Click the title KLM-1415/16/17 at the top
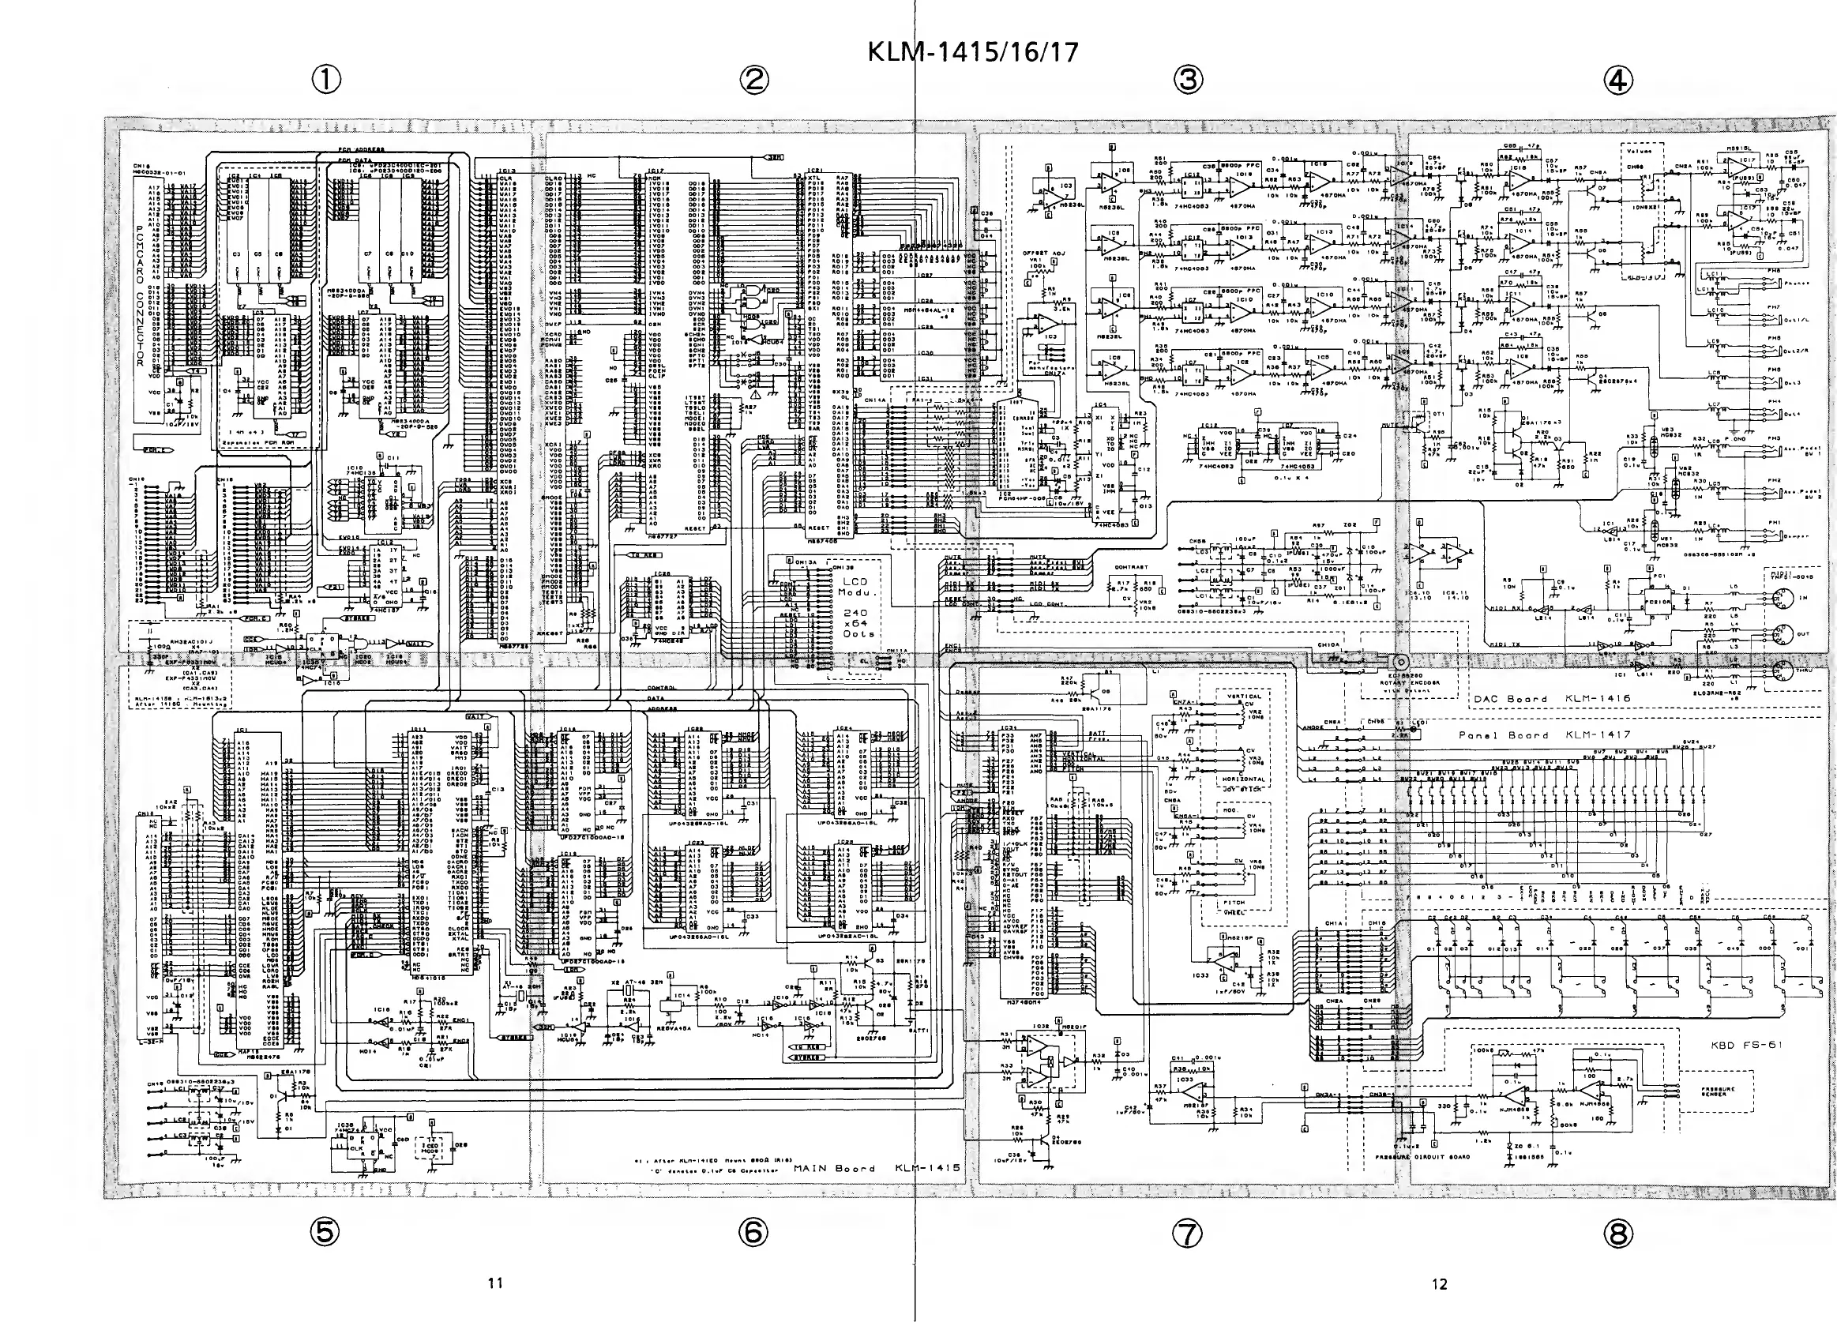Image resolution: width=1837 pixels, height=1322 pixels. pos(973,53)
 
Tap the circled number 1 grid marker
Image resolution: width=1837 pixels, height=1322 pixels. pos(326,80)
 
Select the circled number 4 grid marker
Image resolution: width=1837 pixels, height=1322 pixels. pos(1618,81)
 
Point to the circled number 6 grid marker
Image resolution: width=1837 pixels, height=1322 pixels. pos(753,1232)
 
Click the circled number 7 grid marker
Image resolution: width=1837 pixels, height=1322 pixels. pos(1187,1234)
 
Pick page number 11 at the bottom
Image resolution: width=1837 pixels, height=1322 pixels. pos(496,1283)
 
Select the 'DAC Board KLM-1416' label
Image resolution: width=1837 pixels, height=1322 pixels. pos(1551,698)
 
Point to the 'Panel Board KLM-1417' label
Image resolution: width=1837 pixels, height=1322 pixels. pos(1545,735)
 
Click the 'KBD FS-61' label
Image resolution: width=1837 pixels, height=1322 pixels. pos(1746,1045)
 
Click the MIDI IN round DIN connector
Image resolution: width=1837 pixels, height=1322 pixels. pos(1779,599)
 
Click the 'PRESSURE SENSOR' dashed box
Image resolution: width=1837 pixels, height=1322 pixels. pos(1717,1092)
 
